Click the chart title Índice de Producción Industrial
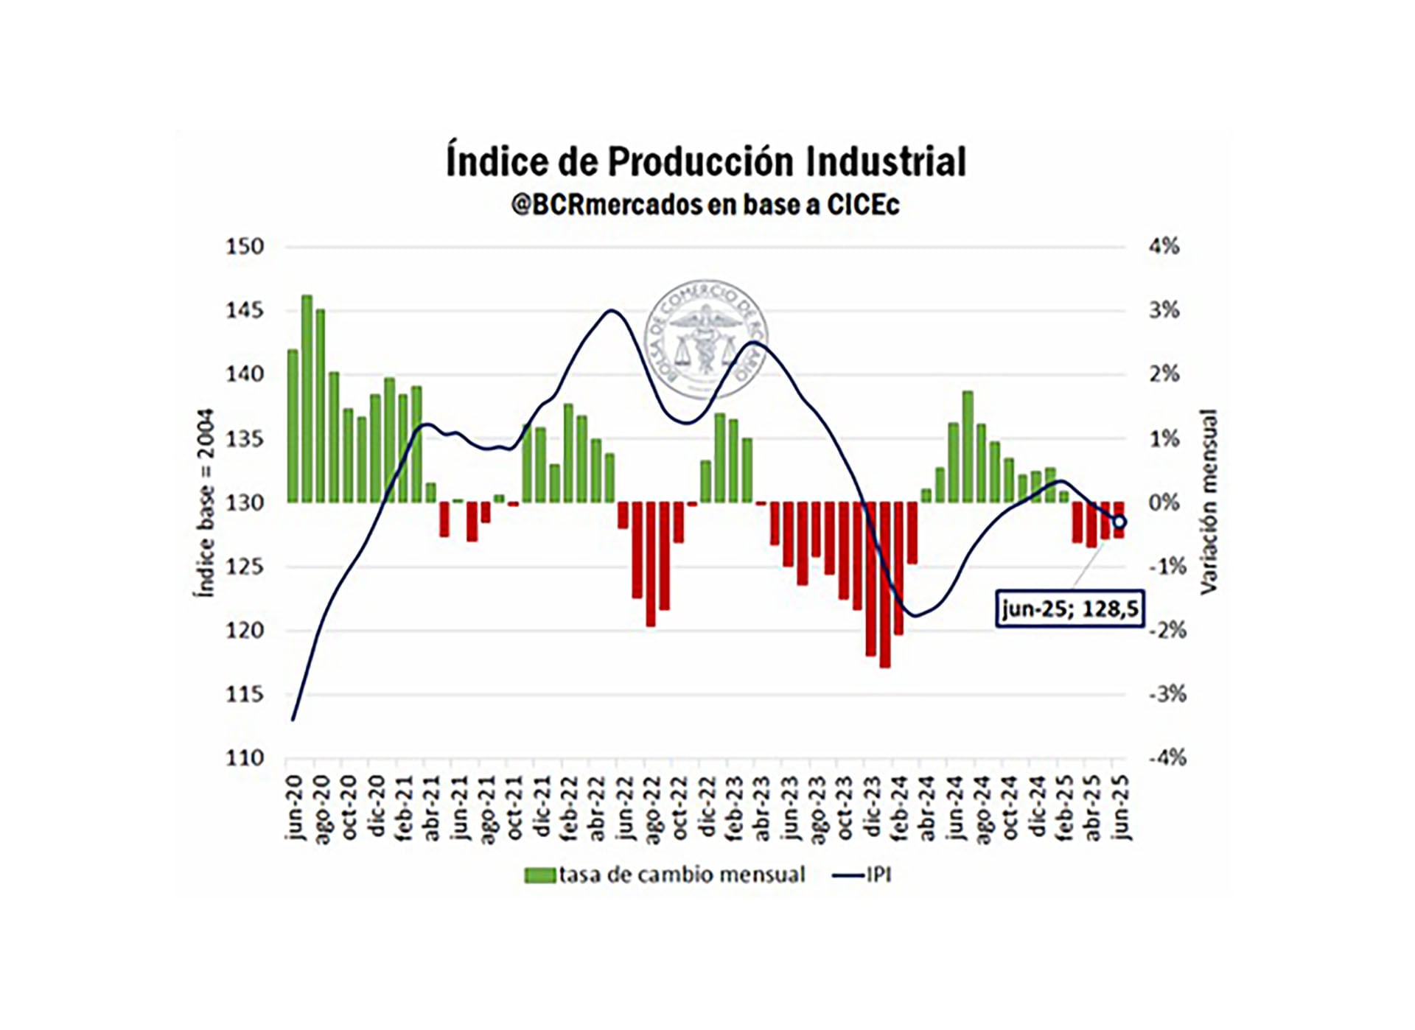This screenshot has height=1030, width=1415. [705, 162]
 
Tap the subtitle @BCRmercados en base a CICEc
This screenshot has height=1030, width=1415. [705, 205]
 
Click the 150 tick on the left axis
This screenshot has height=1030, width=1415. [245, 247]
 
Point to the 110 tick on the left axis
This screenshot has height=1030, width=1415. [245, 758]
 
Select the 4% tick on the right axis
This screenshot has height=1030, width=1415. [1164, 247]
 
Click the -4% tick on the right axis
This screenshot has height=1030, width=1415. [1167, 758]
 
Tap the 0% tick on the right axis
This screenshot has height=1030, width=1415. [1164, 503]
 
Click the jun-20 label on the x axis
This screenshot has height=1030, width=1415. [294, 807]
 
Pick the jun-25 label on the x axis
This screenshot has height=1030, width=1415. [1120, 807]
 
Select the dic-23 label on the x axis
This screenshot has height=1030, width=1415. [872, 807]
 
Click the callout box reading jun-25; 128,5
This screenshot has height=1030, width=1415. [1069, 609]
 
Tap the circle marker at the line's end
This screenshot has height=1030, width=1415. [1119, 522]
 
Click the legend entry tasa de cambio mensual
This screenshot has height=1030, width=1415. [665, 875]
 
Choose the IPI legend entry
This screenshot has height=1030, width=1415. [862, 875]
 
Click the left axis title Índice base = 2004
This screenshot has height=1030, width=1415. [205, 502]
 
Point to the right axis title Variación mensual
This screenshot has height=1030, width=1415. [1209, 502]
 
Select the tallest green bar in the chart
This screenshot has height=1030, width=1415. [307, 399]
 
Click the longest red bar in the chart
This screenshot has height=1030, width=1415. [885, 585]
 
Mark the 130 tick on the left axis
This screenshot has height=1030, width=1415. [245, 503]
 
